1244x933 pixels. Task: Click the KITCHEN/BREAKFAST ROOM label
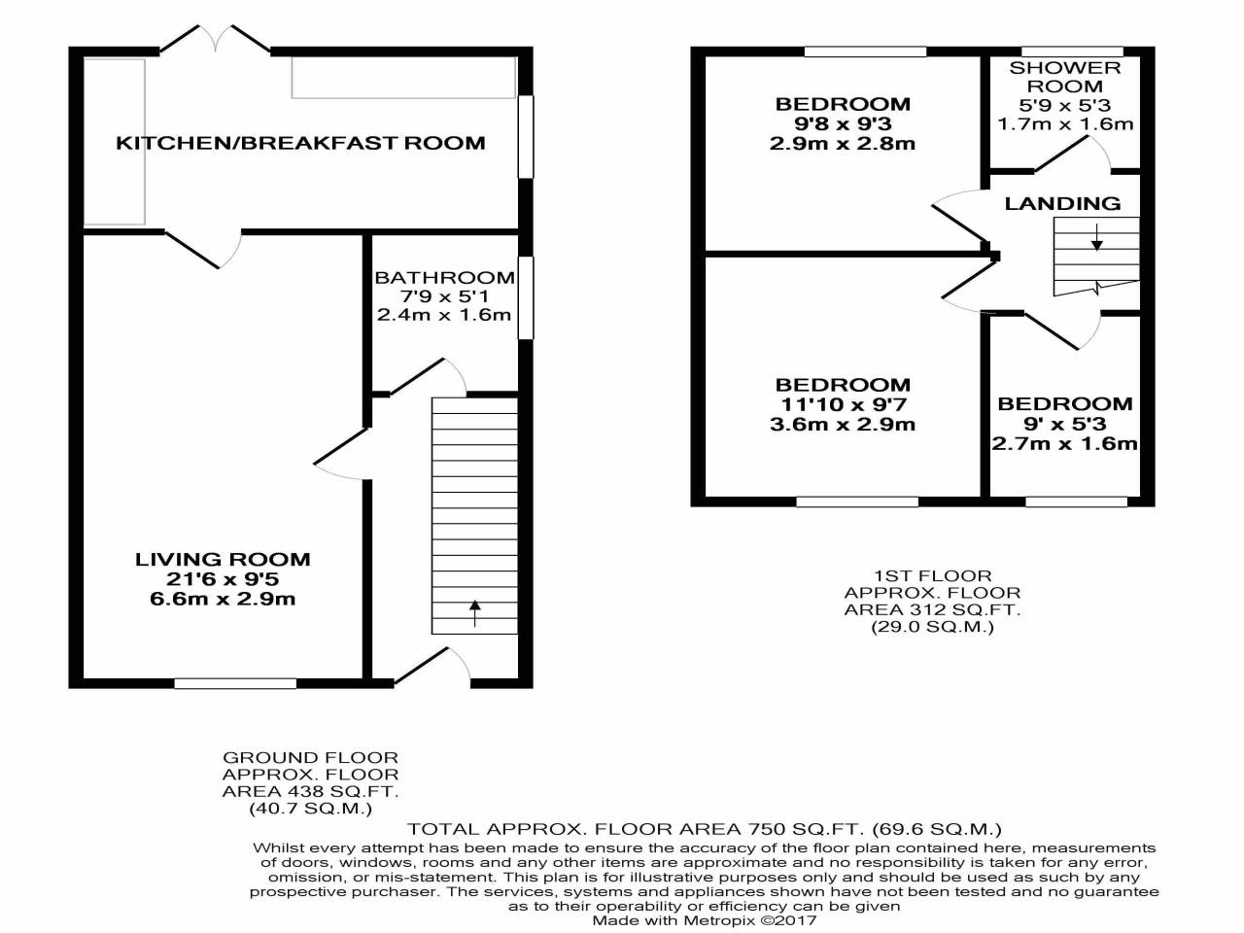pyautogui.click(x=300, y=144)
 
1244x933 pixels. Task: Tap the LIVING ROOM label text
pyautogui.click(x=223, y=559)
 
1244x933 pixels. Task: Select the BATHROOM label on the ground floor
pyautogui.click(x=444, y=278)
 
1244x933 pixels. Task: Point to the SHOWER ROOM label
pyautogui.click(x=1065, y=77)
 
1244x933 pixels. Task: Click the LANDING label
pyautogui.click(x=1062, y=203)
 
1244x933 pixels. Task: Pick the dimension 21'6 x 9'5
pyautogui.click(x=223, y=579)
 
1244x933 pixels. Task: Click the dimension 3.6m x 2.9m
pyautogui.click(x=843, y=425)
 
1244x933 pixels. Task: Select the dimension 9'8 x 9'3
pyautogui.click(x=843, y=124)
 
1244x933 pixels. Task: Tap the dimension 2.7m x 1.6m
pyautogui.click(x=1064, y=444)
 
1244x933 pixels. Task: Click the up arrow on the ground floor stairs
pyautogui.click(x=475, y=612)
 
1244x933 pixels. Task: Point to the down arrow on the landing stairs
pyautogui.click(x=1096, y=236)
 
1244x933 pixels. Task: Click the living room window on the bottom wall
pyautogui.click(x=235, y=683)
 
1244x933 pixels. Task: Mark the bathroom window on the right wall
pyautogui.click(x=526, y=297)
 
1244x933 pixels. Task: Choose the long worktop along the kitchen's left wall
pyautogui.click(x=115, y=142)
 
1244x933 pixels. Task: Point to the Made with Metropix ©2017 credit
pyautogui.click(x=705, y=920)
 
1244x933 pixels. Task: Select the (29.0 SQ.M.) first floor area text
pyautogui.click(x=932, y=627)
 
